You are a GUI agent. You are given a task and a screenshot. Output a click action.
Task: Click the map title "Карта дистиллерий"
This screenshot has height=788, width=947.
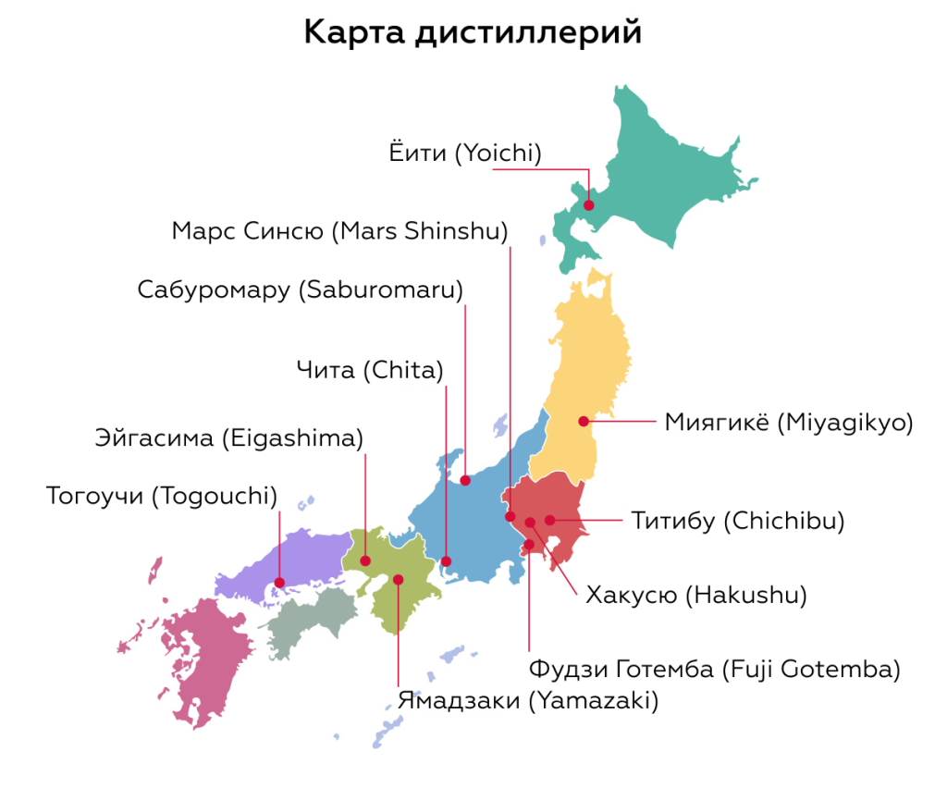473,32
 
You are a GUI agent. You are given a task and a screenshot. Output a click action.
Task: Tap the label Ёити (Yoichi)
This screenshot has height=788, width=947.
464,154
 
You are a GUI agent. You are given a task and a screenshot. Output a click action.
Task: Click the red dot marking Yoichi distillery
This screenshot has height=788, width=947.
588,204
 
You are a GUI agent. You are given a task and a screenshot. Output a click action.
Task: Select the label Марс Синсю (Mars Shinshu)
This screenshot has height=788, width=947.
339,230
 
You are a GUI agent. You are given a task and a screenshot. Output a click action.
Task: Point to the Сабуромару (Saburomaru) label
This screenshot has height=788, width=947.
301,289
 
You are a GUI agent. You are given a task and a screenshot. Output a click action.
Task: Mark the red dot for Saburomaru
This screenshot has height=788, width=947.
466,480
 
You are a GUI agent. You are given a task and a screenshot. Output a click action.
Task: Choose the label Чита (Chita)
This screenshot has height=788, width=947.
370,371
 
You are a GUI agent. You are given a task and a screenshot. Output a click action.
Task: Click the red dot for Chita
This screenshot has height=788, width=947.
446,560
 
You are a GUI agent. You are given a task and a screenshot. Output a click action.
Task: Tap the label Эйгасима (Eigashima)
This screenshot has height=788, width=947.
229,437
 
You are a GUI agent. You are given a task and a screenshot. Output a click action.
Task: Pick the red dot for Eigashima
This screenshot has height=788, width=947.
365,560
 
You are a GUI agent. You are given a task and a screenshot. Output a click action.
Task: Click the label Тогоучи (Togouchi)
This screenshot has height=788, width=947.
162,496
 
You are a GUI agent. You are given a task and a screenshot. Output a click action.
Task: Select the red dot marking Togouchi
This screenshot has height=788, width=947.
280,583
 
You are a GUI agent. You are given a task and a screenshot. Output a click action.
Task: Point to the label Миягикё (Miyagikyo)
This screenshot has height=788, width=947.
788,423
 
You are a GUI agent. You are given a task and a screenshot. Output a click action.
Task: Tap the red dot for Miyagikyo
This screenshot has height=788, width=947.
584,422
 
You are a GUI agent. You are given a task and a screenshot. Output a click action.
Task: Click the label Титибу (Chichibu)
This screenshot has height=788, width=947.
738,521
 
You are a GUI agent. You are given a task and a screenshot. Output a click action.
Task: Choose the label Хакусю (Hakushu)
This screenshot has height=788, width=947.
696,595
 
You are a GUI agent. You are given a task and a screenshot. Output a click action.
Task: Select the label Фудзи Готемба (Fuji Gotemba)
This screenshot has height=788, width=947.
714,668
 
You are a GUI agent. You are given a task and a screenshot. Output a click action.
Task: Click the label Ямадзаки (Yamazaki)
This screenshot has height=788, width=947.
528,700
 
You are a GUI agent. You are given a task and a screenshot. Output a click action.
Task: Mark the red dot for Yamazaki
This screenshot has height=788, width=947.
398,580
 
